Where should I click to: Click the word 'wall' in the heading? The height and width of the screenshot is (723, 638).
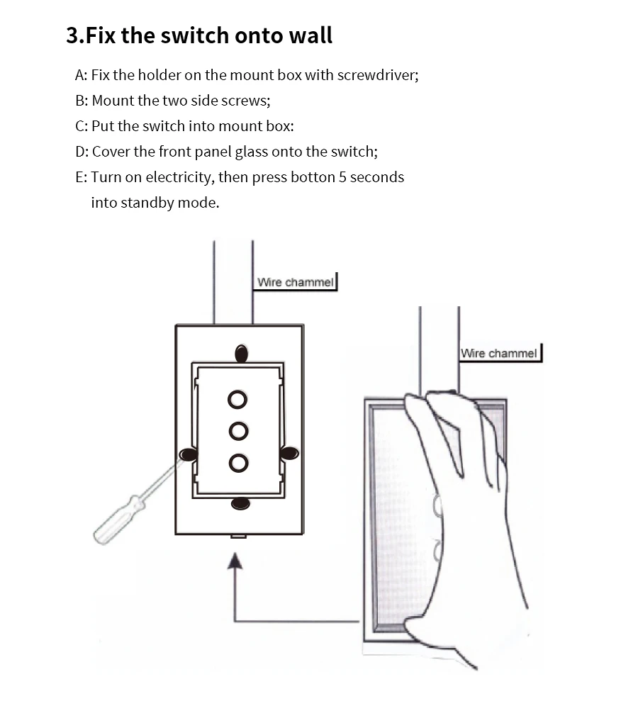[310, 35]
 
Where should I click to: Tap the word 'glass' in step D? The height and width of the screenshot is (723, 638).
[251, 152]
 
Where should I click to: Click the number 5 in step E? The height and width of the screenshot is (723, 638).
[342, 177]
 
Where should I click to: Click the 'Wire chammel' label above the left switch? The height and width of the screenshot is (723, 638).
[295, 282]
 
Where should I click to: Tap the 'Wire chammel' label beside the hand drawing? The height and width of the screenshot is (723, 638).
[499, 353]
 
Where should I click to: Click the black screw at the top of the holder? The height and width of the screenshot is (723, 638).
[241, 354]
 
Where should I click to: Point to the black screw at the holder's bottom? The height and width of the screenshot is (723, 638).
[240, 503]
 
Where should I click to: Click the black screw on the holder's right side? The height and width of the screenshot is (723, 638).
[289, 453]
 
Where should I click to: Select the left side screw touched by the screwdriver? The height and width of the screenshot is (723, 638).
[188, 454]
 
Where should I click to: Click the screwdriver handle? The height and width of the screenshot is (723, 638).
[119, 520]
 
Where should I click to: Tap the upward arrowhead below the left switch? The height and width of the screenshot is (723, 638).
[235, 561]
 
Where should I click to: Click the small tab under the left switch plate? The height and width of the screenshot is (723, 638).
[238, 537]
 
